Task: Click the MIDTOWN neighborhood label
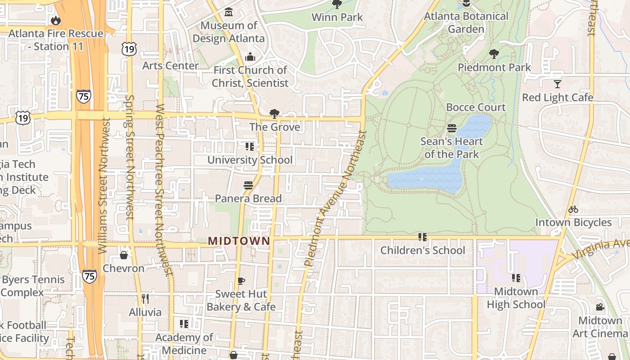(239, 241)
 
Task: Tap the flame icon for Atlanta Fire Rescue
(56, 20)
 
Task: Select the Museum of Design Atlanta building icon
(229, 12)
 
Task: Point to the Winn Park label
(337, 17)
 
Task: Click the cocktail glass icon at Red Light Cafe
(558, 84)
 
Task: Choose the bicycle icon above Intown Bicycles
(573, 209)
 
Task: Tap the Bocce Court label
(476, 107)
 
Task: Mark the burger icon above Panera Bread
(248, 185)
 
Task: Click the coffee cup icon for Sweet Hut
(241, 281)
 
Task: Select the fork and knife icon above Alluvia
(145, 298)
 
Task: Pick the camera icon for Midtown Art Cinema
(600, 307)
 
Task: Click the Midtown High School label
(516, 298)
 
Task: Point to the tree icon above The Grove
(274, 113)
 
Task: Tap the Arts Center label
(171, 66)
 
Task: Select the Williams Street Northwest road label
(104, 185)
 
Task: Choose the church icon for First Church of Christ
(250, 57)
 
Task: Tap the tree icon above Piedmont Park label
(494, 54)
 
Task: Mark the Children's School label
(423, 250)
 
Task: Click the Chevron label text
(124, 268)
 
